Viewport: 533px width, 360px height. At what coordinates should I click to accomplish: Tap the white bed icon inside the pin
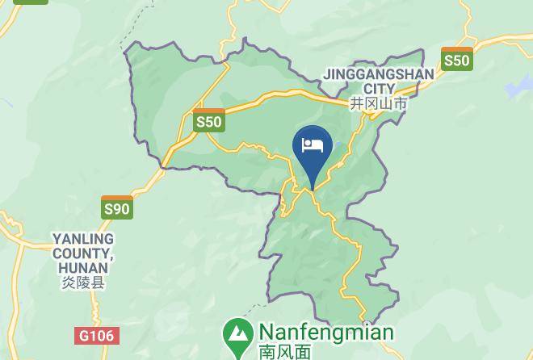pyautogui.click(x=312, y=146)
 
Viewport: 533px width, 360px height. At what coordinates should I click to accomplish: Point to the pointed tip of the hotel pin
pyautogui.click(x=312, y=190)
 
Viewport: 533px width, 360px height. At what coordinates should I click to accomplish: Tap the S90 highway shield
pyautogui.click(x=117, y=207)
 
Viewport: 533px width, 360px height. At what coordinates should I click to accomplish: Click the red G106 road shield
pyautogui.click(x=97, y=334)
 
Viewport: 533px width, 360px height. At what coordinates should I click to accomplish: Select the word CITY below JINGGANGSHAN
pyautogui.click(x=379, y=89)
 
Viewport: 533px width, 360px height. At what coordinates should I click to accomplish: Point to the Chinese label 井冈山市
pyautogui.click(x=379, y=103)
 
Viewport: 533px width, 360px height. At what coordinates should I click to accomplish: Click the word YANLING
pyautogui.click(x=83, y=239)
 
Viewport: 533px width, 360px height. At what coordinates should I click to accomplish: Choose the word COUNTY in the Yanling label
pyautogui.click(x=83, y=253)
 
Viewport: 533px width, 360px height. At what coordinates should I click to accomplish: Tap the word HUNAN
pyautogui.click(x=83, y=268)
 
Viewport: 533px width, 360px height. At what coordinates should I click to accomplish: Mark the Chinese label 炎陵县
pyautogui.click(x=83, y=283)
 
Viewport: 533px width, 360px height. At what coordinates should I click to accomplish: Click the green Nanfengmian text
pyautogui.click(x=325, y=333)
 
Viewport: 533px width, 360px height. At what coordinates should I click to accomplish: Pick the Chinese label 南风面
pyautogui.click(x=284, y=352)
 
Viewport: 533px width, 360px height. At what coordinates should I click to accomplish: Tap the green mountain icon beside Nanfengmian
pyautogui.click(x=237, y=333)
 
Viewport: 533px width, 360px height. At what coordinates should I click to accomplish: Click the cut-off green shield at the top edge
pyautogui.click(x=31, y=2)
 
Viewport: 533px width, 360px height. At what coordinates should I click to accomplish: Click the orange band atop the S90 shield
pyautogui.click(x=117, y=199)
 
